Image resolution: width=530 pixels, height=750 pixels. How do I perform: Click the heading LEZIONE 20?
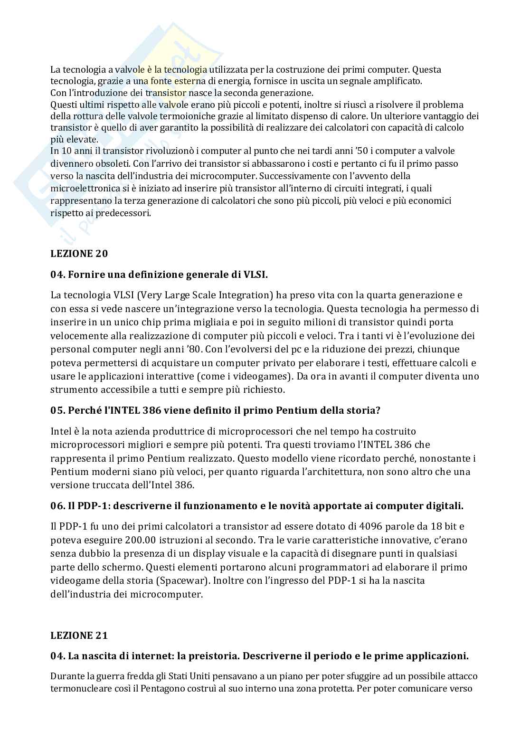(x=79, y=253)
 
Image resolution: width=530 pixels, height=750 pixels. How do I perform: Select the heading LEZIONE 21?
(x=79, y=635)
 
